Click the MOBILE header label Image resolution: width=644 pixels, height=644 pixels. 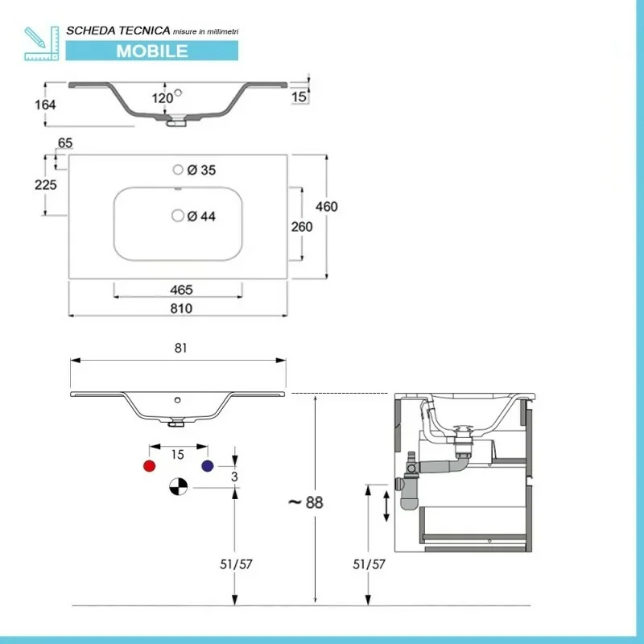[152, 50]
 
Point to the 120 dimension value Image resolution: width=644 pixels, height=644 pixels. [163, 99]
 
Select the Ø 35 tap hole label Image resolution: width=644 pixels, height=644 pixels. [201, 170]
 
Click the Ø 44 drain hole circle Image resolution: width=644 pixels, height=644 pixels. [178, 216]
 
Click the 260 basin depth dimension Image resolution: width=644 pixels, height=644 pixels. [301, 226]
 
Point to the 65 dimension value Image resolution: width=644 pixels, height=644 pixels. [65, 143]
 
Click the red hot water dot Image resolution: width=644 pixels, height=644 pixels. [148, 466]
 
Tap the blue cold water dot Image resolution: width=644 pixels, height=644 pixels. [208, 466]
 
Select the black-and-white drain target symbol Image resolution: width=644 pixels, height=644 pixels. [178, 487]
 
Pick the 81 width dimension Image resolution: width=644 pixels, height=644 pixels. [180, 349]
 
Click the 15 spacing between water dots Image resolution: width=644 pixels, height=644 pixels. [179, 455]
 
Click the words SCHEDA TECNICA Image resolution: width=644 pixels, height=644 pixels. [118, 30]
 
